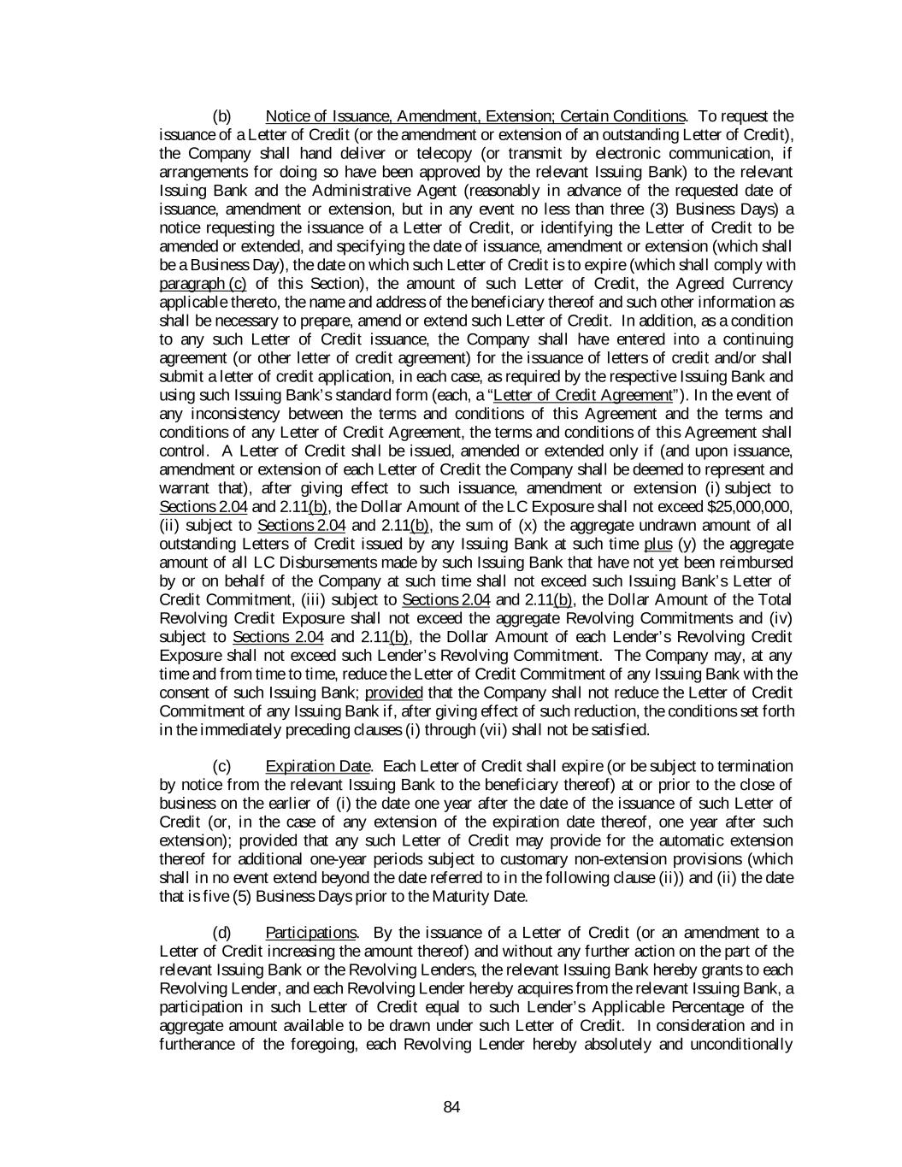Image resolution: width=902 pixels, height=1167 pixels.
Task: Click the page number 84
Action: (451, 1108)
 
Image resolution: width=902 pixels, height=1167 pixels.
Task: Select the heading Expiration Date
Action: (318, 766)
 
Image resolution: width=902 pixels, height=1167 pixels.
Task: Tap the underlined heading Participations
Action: (311, 933)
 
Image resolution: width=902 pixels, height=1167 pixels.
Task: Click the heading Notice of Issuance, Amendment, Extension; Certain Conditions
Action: (475, 116)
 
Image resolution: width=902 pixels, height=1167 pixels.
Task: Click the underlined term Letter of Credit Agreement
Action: (584, 395)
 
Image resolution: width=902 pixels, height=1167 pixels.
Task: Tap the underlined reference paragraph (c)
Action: (203, 284)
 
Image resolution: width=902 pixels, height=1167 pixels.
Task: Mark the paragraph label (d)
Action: (221, 933)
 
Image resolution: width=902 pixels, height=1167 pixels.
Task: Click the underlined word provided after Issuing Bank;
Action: (393, 693)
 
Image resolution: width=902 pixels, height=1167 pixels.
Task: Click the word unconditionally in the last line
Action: (741, 1045)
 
